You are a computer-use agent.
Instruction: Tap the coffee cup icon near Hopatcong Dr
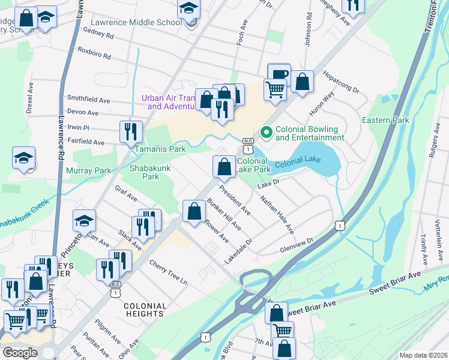(279, 74)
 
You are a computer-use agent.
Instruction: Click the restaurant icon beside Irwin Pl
(131, 131)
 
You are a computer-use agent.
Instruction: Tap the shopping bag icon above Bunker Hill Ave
(194, 211)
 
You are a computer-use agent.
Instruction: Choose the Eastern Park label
(385, 120)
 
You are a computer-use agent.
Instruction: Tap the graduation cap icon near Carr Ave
(84, 220)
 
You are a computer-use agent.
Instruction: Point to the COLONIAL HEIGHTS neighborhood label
(145, 310)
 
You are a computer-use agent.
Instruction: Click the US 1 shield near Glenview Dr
(340, 225)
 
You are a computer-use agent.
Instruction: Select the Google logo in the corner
(19, 353)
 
